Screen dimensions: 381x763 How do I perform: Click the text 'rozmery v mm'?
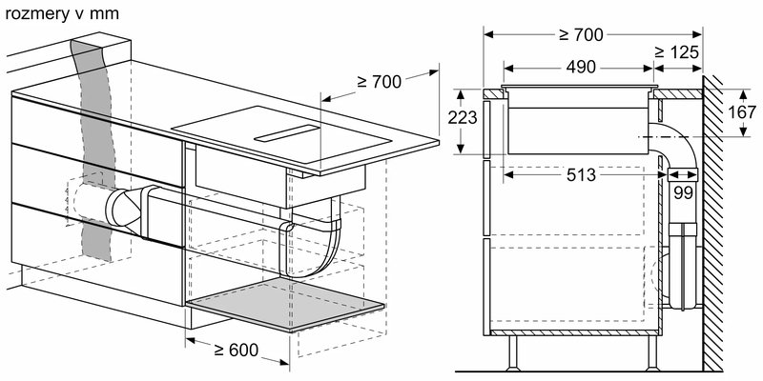click(x=52, y=10)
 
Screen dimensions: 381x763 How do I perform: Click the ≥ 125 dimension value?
click(x=679, y=50)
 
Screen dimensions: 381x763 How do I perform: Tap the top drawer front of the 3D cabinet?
click(x=95, y=124)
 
